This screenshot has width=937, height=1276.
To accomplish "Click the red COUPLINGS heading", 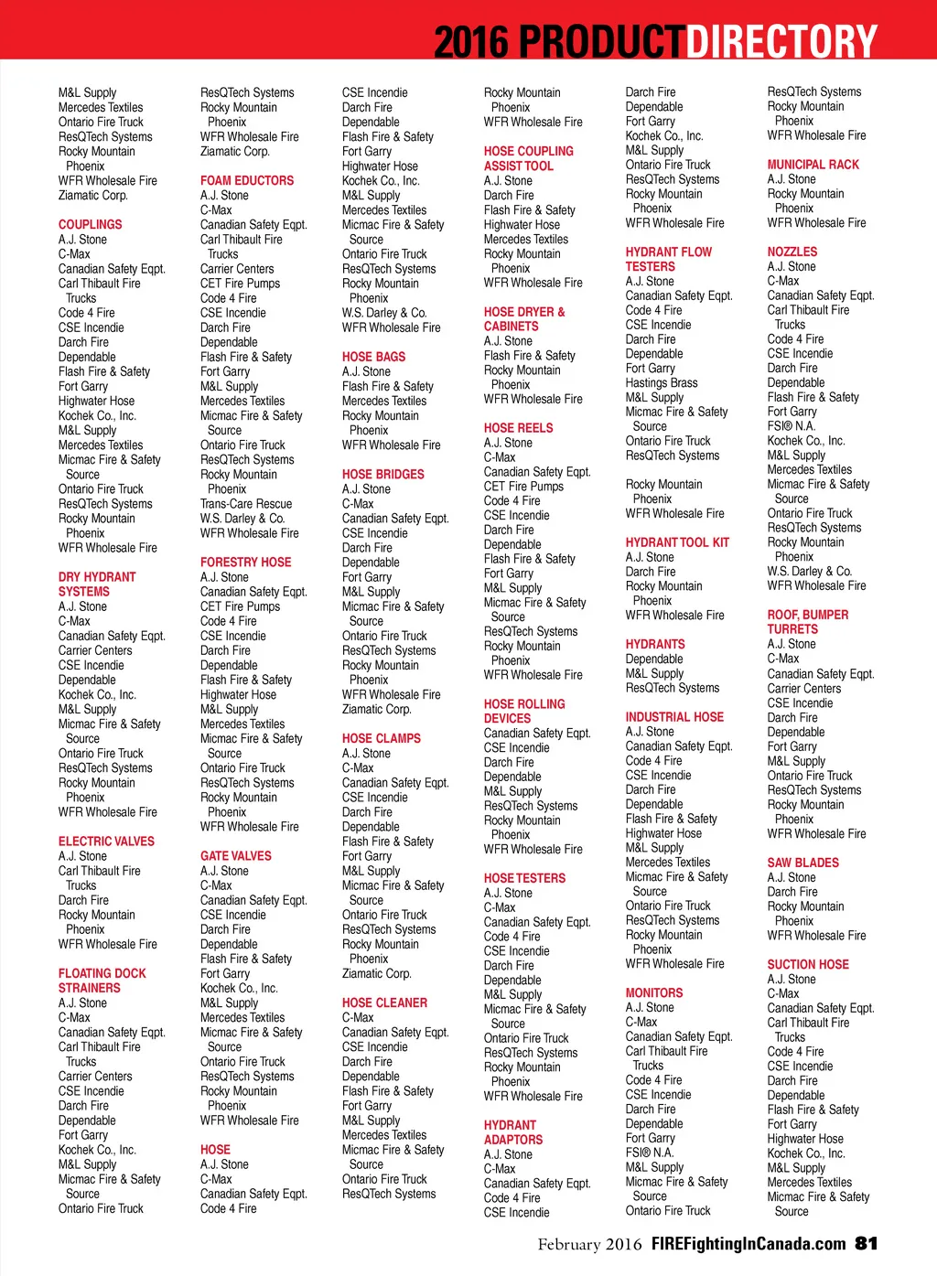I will click(x=90, y=224).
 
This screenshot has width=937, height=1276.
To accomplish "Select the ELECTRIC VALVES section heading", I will click(x=106, y=842).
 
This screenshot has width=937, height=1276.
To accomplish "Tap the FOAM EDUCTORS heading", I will click(x=247, y=180).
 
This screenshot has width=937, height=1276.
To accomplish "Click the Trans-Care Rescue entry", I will click(x=246, y=504).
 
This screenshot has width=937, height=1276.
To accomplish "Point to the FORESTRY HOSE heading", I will click(x=245, y=563).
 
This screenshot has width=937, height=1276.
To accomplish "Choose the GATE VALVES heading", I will click(x=236, y=856).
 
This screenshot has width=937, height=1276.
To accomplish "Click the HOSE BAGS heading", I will click(x=373, y=357).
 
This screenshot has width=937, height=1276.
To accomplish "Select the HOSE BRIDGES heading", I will click(x=383, y=475).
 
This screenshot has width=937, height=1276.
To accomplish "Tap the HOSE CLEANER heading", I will click(x=384, y=1003).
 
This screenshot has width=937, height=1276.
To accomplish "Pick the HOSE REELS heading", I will click(x=519, y=427).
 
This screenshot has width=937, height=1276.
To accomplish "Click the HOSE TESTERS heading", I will click(x=524, y=878).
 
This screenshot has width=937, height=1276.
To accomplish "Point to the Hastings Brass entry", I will click(x=662, y=383).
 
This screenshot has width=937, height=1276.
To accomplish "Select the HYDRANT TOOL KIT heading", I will click(x=677, y=542).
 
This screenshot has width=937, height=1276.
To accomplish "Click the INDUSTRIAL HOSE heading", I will click(x=674, y=717).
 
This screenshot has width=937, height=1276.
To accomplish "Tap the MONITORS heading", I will click(x=654, y=992).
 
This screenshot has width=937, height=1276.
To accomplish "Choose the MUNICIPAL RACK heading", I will click(x=813, y=165).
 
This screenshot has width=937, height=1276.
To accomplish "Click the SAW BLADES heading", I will click(x=802, y=863).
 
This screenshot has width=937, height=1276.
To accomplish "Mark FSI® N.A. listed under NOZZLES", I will click(x=792, y=426).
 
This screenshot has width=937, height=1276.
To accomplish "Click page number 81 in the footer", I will click(x=867, y=1243).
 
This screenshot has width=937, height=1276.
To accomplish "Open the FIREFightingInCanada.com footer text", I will click(x=749, y=1243).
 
